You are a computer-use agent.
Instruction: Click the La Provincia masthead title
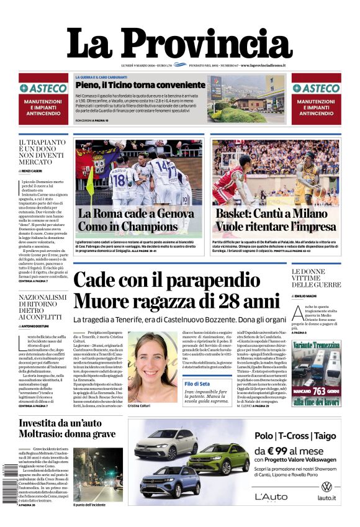[179, 43]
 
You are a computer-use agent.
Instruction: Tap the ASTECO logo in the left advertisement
[43, 89]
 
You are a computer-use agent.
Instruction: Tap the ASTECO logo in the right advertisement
[316, 89]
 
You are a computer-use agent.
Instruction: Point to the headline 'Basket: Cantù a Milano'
[275, 214]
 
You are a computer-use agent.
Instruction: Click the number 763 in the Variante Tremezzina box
[320, 392]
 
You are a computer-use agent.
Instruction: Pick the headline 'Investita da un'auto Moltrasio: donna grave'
[67, 428]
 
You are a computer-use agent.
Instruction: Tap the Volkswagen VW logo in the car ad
[326, 486]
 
